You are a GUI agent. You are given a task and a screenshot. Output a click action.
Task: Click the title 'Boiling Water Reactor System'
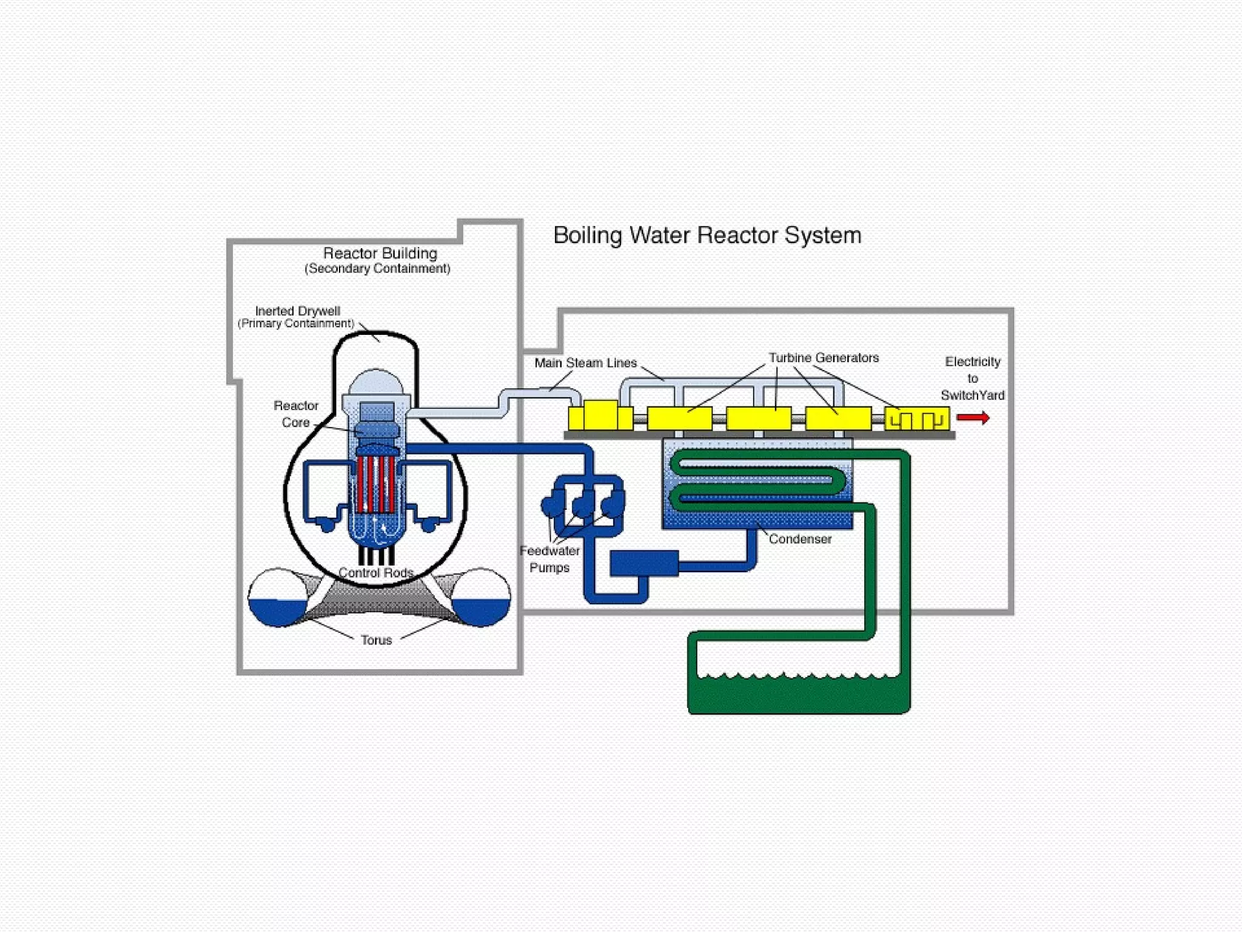[707, 235]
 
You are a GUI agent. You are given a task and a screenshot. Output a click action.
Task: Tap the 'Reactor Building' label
[380, 254]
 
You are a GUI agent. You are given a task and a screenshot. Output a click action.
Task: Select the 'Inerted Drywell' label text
[297, 311]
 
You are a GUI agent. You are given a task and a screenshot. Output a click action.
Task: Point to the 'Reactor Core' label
[296, 414]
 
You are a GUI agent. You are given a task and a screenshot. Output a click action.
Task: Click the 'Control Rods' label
[376, 573]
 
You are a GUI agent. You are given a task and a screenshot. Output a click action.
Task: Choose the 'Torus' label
[376, 640]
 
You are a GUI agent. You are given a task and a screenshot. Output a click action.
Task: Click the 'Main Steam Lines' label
[585, 363]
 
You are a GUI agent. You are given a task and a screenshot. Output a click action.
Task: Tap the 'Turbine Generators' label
[824, 358]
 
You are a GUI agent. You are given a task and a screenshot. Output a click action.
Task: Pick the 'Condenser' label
[800, 539]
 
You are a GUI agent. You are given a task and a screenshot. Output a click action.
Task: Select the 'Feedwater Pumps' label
[549, 559]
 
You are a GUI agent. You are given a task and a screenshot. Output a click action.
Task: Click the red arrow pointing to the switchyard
[973, 417]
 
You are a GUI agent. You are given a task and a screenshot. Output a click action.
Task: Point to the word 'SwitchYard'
[972, 396]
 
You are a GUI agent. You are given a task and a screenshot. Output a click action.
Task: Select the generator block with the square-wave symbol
[916, 419]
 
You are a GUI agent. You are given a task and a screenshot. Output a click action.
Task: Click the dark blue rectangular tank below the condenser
[644, 563]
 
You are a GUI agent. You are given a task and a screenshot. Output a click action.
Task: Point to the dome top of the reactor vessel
[376, 382]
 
